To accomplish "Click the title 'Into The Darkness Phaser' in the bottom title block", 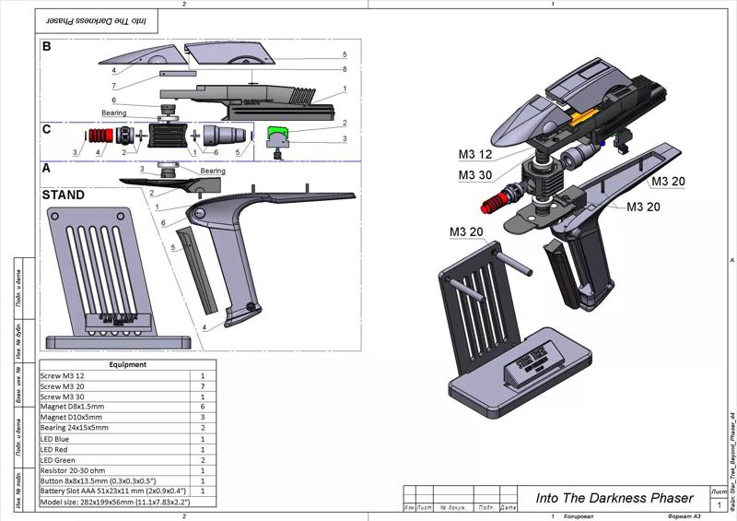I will coord(614,498).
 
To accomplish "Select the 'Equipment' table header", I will coord(127,364).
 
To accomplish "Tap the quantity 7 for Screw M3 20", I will coord(203,385).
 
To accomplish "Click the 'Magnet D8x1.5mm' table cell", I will coord(73,406).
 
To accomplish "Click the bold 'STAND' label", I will coord(63,195).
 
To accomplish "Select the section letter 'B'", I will coord(46,45).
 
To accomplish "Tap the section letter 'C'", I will coord(46,129).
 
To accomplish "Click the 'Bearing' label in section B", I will coord(115,112).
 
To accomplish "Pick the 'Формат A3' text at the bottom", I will coord(685,516).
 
